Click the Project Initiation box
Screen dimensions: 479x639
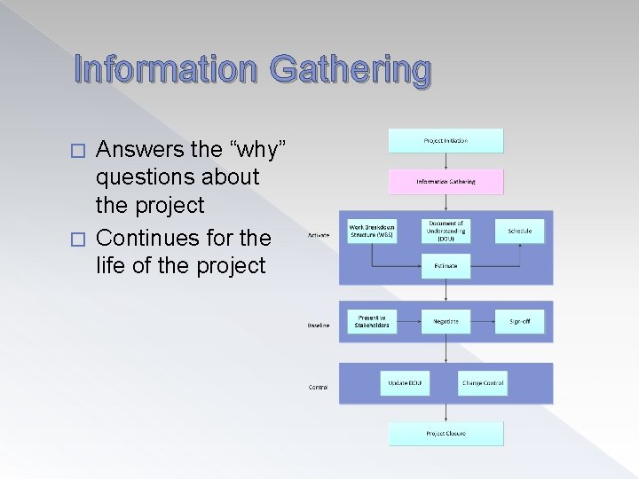[446, 140]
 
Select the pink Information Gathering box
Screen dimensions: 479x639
[446, 182]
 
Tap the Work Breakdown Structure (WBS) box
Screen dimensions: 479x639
[373, 231]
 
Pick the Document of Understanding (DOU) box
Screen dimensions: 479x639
[446, 231]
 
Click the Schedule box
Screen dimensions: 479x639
[519, 231]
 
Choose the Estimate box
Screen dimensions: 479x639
[446, 264]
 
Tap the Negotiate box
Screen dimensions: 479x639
[446, 321]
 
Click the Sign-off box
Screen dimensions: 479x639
[519, 321]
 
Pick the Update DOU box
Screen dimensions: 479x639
[404, 383]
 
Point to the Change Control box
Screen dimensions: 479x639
[482, 383]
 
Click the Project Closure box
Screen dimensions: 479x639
[446, 434]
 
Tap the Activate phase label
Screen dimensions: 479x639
[319, 235]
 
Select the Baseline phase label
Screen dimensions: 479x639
[319, 326]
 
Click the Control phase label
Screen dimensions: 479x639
[319, 387]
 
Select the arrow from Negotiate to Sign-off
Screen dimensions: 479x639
[483, 321]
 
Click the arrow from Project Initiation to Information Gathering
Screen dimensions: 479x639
[446, 161]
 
